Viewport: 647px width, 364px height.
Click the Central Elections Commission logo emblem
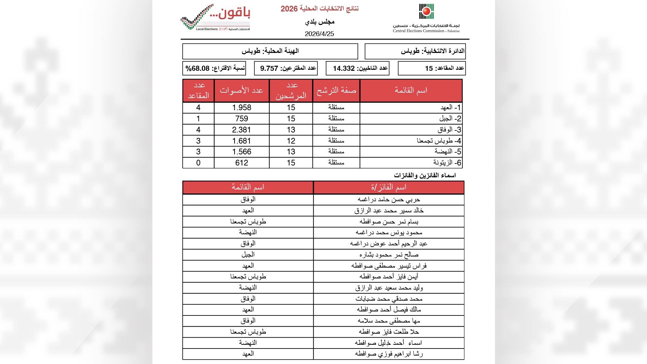coord(426,11)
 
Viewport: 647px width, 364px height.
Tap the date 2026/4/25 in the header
coord(319,34)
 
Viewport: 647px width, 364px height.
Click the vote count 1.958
coord(242,108)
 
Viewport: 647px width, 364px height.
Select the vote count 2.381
coord(242,130)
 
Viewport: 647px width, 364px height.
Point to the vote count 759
coord(242,119)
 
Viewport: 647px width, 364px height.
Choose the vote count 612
coord(242,163)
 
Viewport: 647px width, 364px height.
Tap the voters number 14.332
coord(344,68)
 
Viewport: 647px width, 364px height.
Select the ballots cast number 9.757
coord(269,68)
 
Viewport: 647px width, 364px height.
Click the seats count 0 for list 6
coord(198,163)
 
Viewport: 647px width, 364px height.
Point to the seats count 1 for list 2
coord(198,119)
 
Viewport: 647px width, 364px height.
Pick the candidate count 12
coord(291,141)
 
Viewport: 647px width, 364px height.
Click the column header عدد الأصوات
coord(241,90)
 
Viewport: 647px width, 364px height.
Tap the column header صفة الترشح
coord(336,90)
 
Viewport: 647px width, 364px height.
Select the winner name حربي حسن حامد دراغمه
coord(389,200)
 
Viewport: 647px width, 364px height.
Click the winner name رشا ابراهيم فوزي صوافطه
coord(389,354)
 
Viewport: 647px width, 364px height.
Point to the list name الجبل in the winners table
coord(248,254)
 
